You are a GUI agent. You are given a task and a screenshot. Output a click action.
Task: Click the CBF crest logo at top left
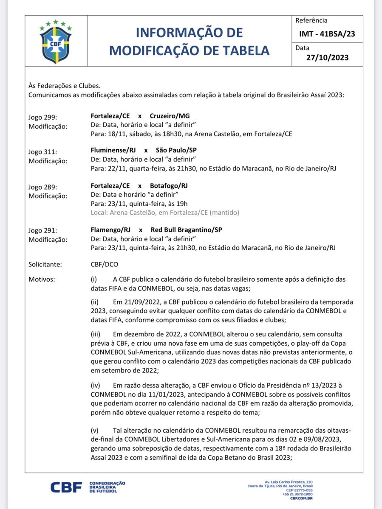tap(56, 42)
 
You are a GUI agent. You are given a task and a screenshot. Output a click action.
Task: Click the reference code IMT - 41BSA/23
tap(327, 34)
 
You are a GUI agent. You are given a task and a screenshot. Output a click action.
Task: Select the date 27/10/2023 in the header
tap(327, 58)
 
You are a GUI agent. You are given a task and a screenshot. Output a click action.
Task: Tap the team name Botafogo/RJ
tap(169, 186)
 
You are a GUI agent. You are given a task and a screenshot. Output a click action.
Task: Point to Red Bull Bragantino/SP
tap(186, 230)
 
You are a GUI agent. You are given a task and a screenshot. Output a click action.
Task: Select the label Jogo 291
tap(42, 230)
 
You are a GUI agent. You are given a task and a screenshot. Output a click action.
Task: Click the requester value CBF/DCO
tap(102, 265)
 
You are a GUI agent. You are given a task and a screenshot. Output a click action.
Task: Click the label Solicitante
tap(45, 265)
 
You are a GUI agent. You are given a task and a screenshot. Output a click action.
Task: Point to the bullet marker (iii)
tap(95, 335)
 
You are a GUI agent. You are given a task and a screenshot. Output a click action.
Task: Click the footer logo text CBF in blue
tap(66, 488)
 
